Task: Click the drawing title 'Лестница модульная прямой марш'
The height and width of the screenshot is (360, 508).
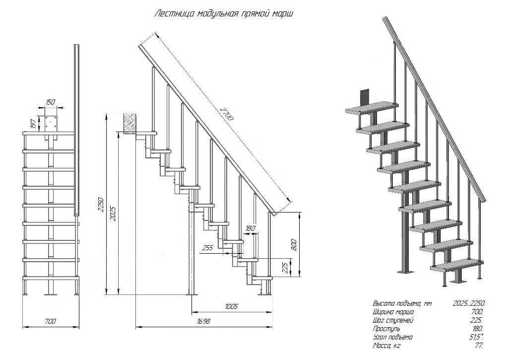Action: (x=224, y=13)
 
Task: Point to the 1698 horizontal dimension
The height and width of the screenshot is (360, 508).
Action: (x=203, y=321)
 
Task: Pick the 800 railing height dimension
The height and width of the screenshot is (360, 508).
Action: (x=294, y=244)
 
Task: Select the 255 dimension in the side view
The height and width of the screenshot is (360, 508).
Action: (x=207, y=247)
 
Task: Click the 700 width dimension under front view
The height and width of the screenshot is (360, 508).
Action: (x=50, y=321)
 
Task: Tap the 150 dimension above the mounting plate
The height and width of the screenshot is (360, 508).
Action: (x=51, y=102)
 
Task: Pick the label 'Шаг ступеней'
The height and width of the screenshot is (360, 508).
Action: (x=392, y=320)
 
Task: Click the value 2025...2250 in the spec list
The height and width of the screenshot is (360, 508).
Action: (x=469, y=303)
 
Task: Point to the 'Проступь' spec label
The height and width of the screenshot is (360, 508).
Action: (x=386, y=329)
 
